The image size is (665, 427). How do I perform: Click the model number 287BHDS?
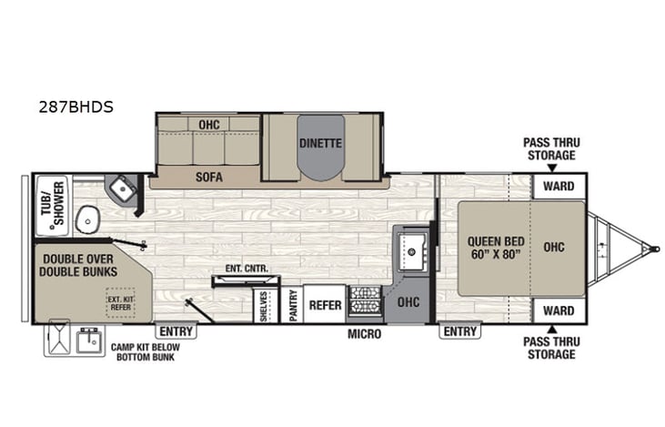pos(76,107)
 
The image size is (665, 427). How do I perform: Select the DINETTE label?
pos(320,143)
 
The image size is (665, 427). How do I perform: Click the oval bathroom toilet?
pos(88,219)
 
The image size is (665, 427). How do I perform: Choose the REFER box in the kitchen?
pos(325,306)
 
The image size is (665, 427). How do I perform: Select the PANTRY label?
pos(293,306)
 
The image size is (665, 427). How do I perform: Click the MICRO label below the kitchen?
pos(364,334)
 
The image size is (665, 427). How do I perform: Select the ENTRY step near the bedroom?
pos(458,331)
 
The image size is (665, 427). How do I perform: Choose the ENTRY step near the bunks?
pos(176,331)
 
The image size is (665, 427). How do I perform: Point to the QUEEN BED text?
pos(493,248)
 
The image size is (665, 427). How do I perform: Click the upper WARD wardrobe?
pos(559,186)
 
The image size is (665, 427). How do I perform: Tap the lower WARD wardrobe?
pos(559,310)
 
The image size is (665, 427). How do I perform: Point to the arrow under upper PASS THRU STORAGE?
pos(549,167)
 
